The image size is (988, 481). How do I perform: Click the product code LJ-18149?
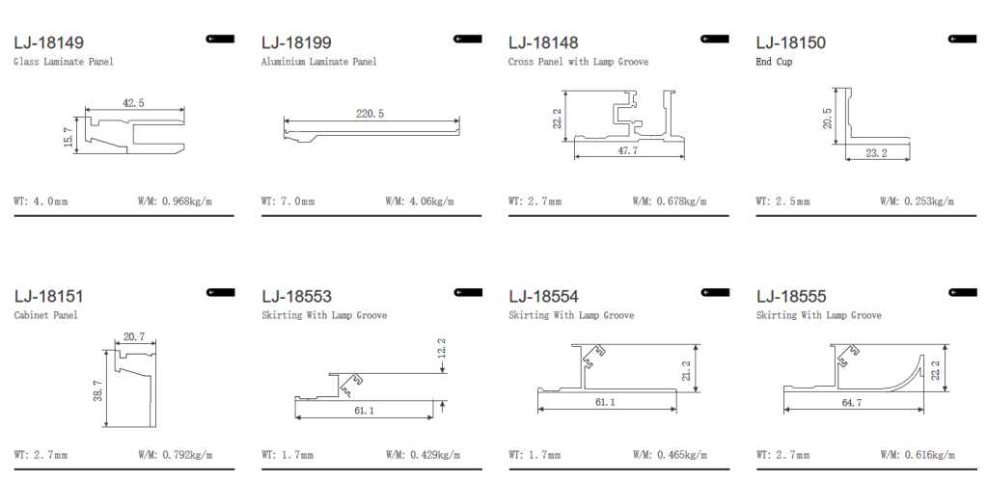[48, 42]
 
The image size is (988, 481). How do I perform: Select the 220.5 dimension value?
[370, 114]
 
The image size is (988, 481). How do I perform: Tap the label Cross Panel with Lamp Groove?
[579, 62]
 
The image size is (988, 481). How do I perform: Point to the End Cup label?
[774, 62]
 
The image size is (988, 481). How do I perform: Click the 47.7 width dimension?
[626, 151]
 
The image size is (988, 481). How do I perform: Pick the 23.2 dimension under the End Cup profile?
[876, 152]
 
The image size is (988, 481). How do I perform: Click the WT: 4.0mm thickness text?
[41, 201]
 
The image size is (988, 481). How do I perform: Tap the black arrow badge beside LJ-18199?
[467, 39]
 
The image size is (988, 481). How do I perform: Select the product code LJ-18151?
[48, 296]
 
